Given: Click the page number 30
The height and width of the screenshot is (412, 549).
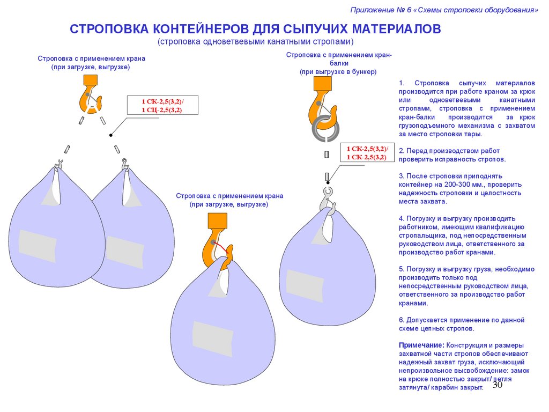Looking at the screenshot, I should click(497, 386).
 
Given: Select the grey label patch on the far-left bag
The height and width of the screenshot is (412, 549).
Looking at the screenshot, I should click(37, 246).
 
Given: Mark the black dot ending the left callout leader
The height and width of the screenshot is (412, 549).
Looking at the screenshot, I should click(110, 135).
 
